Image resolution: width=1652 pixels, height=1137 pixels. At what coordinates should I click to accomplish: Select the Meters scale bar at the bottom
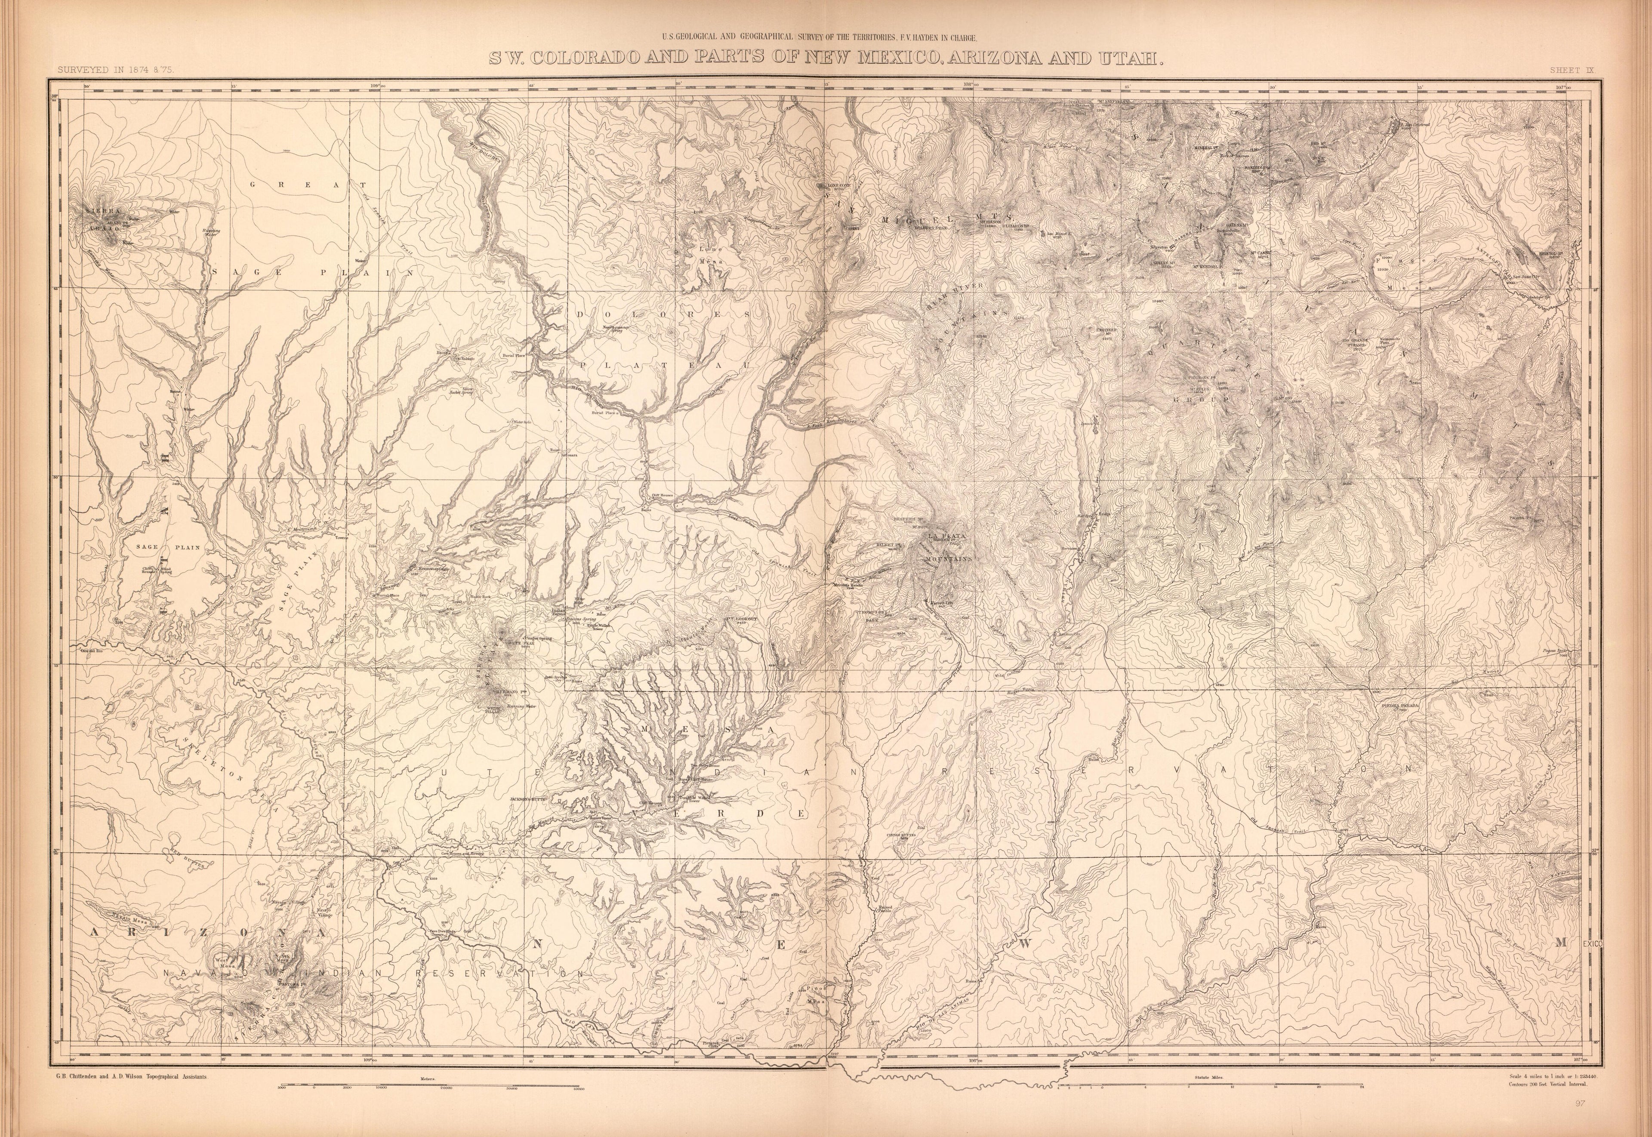(431, 1088)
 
